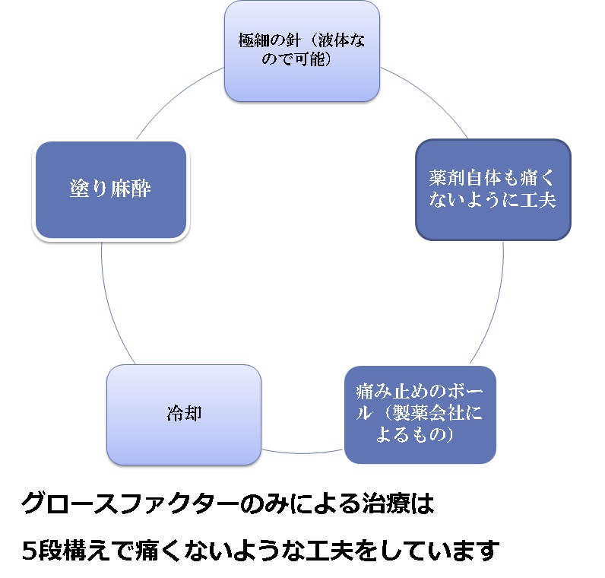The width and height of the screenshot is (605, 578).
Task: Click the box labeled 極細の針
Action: [302, 51]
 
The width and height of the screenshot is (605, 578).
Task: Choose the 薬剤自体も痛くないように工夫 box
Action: [493, 189]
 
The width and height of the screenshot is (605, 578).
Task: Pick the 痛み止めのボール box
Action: [420, 414]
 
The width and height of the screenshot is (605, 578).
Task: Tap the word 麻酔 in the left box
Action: [131, 189]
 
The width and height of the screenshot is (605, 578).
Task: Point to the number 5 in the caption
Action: [29, 548]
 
